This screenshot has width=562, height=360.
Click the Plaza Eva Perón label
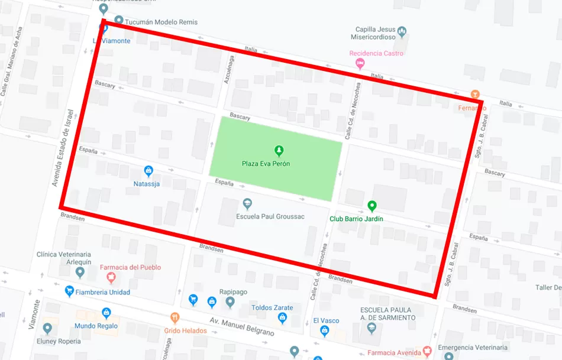click(x=266, y=164)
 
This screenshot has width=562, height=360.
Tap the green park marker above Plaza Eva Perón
click(x=279, y=151)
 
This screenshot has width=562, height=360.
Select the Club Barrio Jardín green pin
click(x=372, y=206)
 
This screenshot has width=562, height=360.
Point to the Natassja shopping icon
click(x=148, y=171)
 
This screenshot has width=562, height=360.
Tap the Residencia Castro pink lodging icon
click(x=360, y=64)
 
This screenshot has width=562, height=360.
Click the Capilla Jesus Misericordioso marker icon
click(x=402, y=31)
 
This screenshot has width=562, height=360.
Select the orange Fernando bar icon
click(x=474, y=95)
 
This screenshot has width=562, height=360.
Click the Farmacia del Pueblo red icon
click(x=110, y=277)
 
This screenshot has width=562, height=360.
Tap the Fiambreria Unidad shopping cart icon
click(x=70, y=291)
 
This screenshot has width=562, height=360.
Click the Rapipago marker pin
click(x=230, y=302)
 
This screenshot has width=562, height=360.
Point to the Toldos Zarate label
click(x=272, y=308)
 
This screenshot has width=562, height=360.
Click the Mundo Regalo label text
click(x=96, y=326)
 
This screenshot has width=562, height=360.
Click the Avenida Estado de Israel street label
click(x=63, y=148)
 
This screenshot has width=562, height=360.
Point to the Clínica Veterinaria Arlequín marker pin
click(x=80, y=273)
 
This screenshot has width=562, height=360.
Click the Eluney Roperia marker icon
click(x=47, y=329)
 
